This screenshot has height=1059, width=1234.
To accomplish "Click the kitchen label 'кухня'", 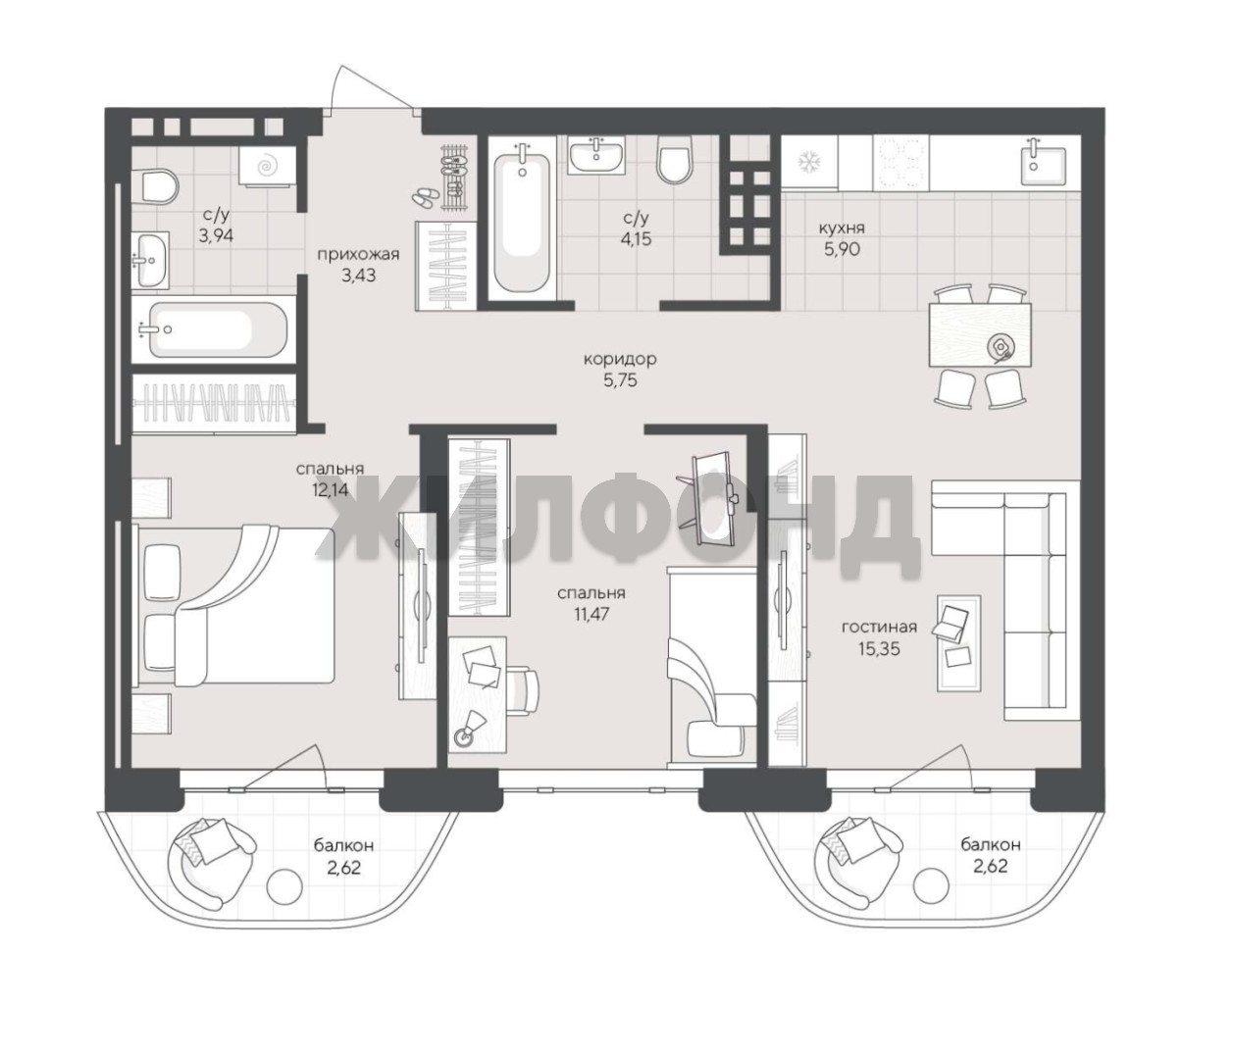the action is [x=842, y=227].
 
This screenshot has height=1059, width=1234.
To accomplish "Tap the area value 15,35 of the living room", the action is [x=879, y=648].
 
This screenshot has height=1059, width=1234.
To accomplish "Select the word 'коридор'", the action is [x=620, y=359].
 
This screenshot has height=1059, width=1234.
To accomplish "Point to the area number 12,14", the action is [x=330, y=490].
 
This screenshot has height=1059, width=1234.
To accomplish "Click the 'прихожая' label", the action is [x=358, y=255].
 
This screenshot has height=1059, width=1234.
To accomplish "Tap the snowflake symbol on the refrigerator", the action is [x=810, y=163].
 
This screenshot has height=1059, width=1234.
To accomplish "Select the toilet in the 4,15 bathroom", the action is [x=674, y=158].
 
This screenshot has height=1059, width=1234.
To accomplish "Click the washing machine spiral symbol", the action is [x=266, y=166].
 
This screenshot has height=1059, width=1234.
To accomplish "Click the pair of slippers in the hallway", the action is [x=425, y=198].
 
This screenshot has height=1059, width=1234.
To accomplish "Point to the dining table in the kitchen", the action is [x=980, y=334].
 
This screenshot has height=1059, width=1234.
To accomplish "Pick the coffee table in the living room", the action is [x=958, y=643].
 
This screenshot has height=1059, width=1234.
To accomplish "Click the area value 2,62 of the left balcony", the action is [x=344, y=867].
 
